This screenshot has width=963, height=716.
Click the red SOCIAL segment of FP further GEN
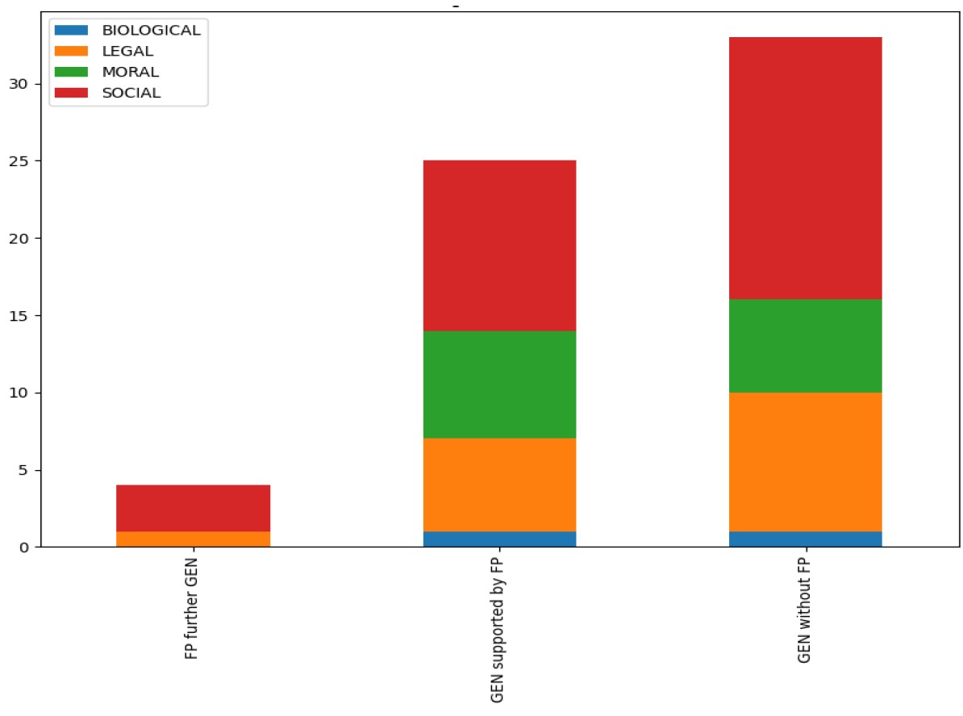click(193, 508)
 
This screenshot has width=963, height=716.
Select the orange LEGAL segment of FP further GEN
click(193, 539)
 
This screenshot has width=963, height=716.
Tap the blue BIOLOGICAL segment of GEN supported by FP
click(499, 539)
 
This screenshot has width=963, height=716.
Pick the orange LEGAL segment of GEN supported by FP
click(499, 485)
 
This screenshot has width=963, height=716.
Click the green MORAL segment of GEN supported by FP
click(499, 385)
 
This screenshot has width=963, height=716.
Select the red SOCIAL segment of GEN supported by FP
click(499, 245)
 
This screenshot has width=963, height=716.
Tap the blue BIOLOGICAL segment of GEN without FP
click(805, 539)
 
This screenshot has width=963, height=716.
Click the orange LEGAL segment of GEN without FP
click(805, 462)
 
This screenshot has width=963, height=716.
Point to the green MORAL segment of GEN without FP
click(805, 346)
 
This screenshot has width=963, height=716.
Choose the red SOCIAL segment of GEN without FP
click(805, 169)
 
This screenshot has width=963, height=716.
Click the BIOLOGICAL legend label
click(151, 30)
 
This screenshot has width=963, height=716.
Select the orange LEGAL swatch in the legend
click(70, 51)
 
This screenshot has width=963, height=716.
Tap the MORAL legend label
click(130, 72)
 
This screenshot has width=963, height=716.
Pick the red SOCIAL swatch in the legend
click(70, 93)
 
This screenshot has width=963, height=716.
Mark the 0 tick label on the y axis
click(26, 547)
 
